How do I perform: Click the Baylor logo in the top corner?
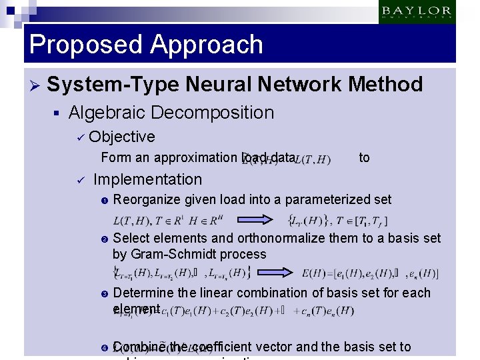(x=417, y=12)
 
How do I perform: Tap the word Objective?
(x=121, y=137)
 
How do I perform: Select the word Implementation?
(x=147, y=179)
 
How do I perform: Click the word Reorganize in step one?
(x=147, y=199)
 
